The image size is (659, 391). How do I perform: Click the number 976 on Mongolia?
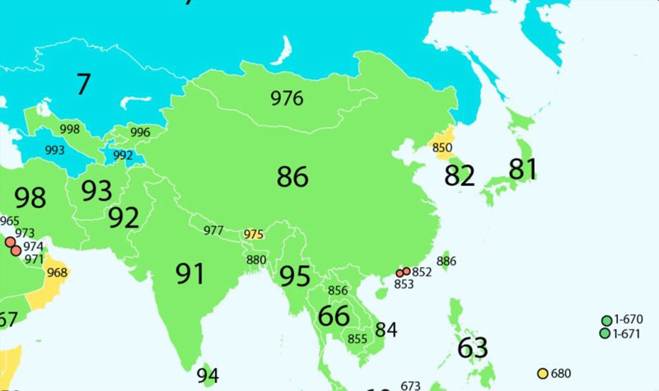(287, 100)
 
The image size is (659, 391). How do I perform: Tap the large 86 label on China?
(292, 177)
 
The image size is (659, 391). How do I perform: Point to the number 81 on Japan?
(521, 169)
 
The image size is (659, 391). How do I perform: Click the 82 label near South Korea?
(460, 176)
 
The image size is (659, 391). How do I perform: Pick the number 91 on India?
(189, 273)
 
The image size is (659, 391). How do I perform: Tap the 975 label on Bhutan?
(253, 234)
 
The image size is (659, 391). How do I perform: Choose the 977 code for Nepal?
(213, 231)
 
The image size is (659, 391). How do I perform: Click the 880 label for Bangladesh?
(255, 260)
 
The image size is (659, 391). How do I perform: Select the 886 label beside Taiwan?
(446, 261)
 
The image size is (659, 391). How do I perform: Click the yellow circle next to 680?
(543, 372)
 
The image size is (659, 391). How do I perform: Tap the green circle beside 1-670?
(606, 320)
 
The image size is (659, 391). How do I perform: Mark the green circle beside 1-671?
(605, 333)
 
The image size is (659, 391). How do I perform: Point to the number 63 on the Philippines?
(473, 348)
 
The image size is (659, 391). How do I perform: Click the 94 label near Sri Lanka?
(208, 376)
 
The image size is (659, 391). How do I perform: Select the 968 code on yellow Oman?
(57, 273)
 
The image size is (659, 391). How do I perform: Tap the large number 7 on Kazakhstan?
(82, 84)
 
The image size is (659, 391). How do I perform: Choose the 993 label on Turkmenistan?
(54, 150)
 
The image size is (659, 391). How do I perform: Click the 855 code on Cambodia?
(357, 339)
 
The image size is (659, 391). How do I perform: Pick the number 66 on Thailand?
(334, 316)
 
